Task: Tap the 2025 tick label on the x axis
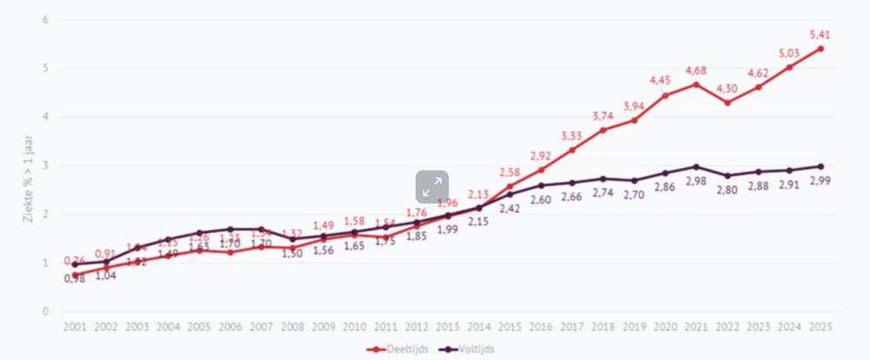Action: (819, 326)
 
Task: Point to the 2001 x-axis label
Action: (76, 326)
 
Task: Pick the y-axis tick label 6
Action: (45, 19)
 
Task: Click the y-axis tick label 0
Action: (45, 311)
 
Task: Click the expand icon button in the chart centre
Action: (432, 187)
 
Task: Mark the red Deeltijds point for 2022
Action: (727, 103)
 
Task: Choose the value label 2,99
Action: (821, 181)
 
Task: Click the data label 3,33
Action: (572, 136)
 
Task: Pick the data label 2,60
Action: (541, 200)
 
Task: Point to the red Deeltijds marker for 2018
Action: (603, 130)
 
